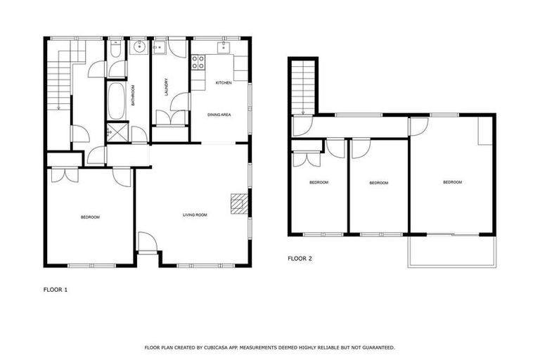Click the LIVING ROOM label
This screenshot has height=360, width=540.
click(x=195, y=214)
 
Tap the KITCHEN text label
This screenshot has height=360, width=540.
click(x=224, y=83)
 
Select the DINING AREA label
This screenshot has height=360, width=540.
click(x=219, y=114)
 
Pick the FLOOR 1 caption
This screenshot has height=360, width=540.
click(x=56, y=289)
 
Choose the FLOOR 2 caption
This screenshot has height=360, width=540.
click(x=300, y=258)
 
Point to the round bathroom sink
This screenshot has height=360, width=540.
click(x=138, y=47)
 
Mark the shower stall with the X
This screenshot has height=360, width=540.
click(x=117, y=132)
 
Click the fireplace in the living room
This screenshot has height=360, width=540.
click(x=240, y=204)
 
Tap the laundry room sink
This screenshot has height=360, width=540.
click(x=160, y=48)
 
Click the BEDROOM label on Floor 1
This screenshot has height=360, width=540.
click(x=90, y=217)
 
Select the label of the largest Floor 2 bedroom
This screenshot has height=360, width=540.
click(x=452, y=182)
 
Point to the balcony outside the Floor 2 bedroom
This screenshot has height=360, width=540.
click(x=451, y=251)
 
